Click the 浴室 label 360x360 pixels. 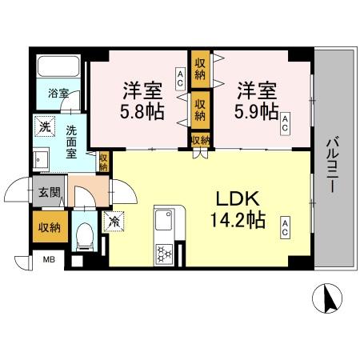point(58,93)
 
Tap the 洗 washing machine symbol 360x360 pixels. point(43,126)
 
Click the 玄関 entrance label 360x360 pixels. point(46,191)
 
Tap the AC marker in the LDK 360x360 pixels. point(284,228)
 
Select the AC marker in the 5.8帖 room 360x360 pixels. point(180,77)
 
